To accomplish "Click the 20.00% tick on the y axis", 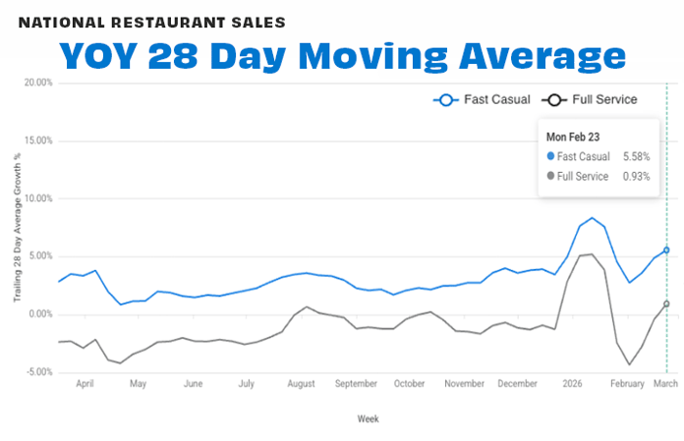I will point(38,83).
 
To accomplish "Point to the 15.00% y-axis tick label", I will point(38,140).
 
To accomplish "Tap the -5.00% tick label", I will point(38,372).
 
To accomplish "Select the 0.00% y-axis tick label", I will point(40,314).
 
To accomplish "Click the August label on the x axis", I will point(301,384).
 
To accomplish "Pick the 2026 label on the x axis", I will point(571,384).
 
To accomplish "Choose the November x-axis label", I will point(465,384).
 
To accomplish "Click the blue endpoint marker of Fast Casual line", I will point(666,250).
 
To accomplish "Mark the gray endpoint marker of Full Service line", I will point(666,303).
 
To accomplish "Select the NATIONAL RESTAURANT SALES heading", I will point(152,21).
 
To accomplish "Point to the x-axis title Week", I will point(368,418).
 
